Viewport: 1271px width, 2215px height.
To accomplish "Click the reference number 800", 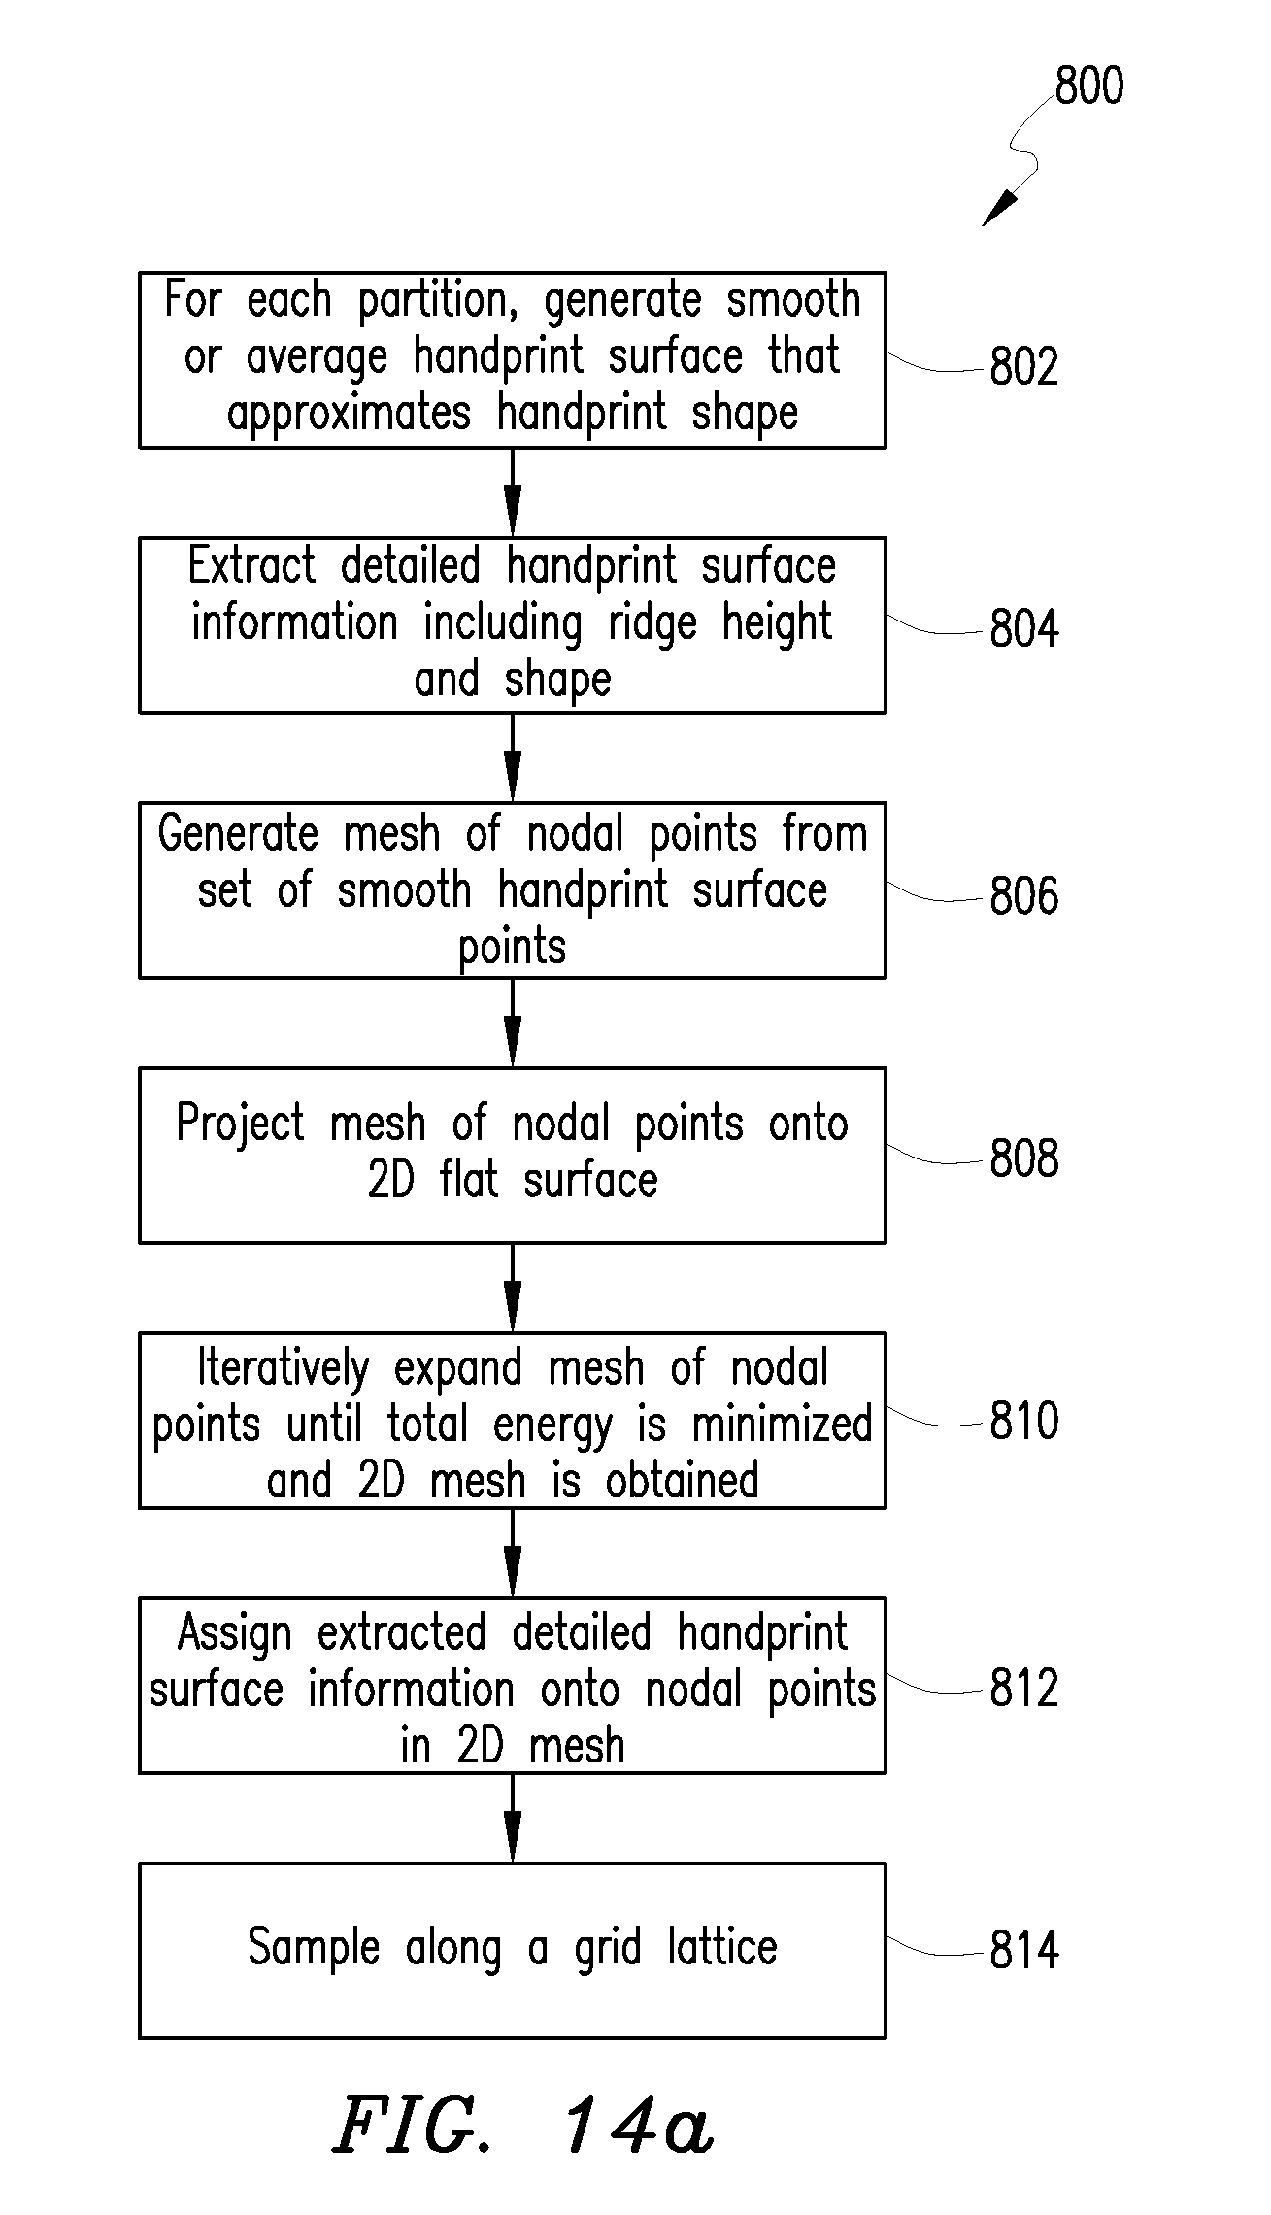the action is tap(1089, 85).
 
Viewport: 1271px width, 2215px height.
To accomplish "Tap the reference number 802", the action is tap(1023, 366).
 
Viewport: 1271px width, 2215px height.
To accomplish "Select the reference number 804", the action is tap(1023, 628).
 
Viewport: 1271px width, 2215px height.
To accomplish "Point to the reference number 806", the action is tap(1023, 895).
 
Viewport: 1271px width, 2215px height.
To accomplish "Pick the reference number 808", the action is tap(1023, 1158).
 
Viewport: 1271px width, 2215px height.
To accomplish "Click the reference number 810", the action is tap(1023, 1422).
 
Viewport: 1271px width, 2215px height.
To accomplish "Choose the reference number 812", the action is tap(1023, 1689).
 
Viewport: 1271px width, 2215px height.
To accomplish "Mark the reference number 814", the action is tap(1023, 1951).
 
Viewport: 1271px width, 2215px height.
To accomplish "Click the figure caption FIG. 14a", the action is tap(524, 2125).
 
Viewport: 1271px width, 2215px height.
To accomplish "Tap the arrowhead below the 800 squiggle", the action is tap(1000, 208).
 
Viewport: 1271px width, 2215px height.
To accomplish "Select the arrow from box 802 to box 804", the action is tap(513, 492).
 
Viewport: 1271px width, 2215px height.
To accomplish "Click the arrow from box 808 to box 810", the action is tap(513, 1288).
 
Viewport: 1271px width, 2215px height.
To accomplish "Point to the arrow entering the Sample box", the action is tap(513, 1818).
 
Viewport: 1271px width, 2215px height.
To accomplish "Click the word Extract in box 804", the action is tap(252, 565).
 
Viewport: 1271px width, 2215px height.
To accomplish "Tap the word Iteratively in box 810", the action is tap(284, 1369).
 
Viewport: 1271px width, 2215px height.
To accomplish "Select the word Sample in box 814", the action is tap(314, 1948).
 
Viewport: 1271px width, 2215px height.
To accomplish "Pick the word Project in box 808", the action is tap(241, 1124).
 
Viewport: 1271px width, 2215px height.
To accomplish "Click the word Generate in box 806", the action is tap(238, 834).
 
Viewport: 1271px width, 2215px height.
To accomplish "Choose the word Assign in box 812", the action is tap(235, 1634).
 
